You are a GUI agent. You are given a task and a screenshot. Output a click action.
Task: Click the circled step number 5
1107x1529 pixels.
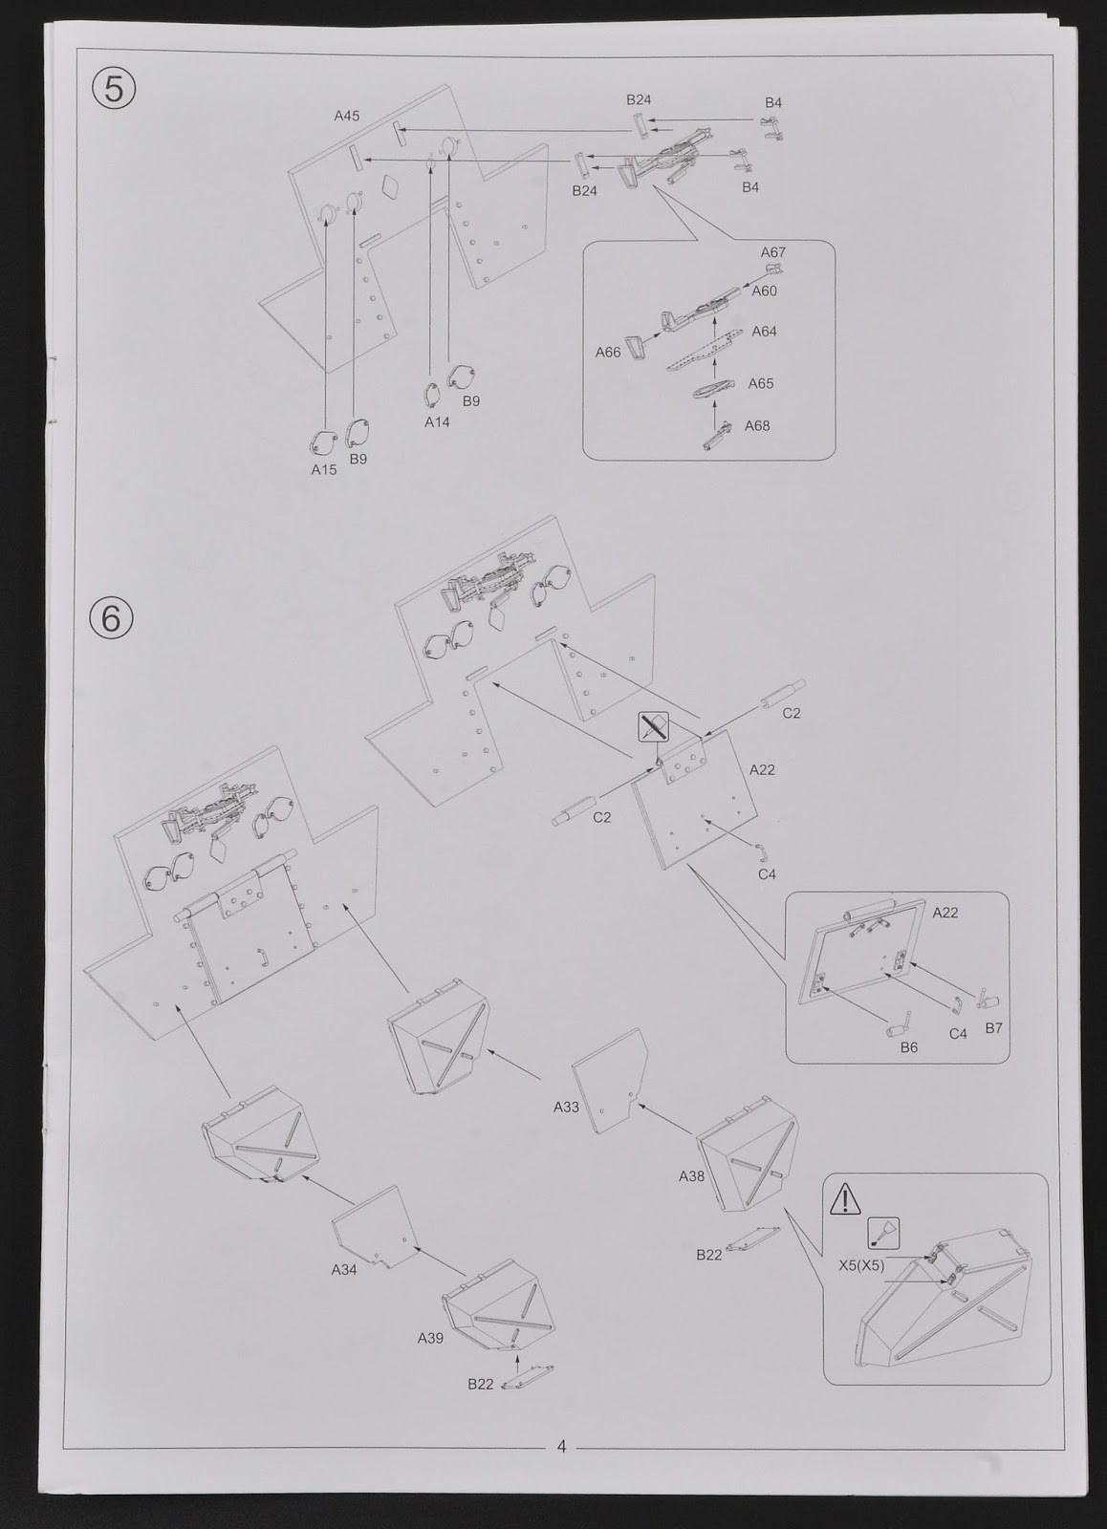[x=114, y=89]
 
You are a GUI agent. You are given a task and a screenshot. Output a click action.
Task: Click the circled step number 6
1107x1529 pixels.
[x=111, y=619]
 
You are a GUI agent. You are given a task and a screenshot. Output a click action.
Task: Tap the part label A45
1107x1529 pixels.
[x=347, y=116]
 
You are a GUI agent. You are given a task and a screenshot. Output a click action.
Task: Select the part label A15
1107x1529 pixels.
[x=324, y=469]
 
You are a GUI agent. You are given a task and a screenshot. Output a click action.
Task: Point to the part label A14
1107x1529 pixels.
[x=437, y=421]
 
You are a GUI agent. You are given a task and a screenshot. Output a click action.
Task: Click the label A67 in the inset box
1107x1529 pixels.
[x=773, y=252]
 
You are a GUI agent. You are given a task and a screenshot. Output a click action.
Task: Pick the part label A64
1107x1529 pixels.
[x=764, y=332]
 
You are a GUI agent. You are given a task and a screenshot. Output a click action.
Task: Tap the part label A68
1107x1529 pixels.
[x=757, y=426]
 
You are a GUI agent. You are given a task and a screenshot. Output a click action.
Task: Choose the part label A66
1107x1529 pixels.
[x=608, y=353]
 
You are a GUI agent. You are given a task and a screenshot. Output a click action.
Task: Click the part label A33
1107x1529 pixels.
[x=566, y=1108]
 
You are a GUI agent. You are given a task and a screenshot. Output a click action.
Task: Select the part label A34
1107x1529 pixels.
[x=344, y=1270]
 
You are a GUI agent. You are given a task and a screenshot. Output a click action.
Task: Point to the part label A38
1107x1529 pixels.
[x=691, y=1176]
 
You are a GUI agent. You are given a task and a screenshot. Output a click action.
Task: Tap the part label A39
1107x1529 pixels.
[x=430, y=1357]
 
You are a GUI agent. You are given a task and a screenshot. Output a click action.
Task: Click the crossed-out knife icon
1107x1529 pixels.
[x=654, y=727]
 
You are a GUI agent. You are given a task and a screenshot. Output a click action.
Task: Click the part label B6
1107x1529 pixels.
[x=908, y=1047]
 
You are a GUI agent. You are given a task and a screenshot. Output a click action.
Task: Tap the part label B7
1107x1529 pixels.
[x=993, y=1028]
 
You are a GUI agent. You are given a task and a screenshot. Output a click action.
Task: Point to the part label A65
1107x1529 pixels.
[x=761, y=383]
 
